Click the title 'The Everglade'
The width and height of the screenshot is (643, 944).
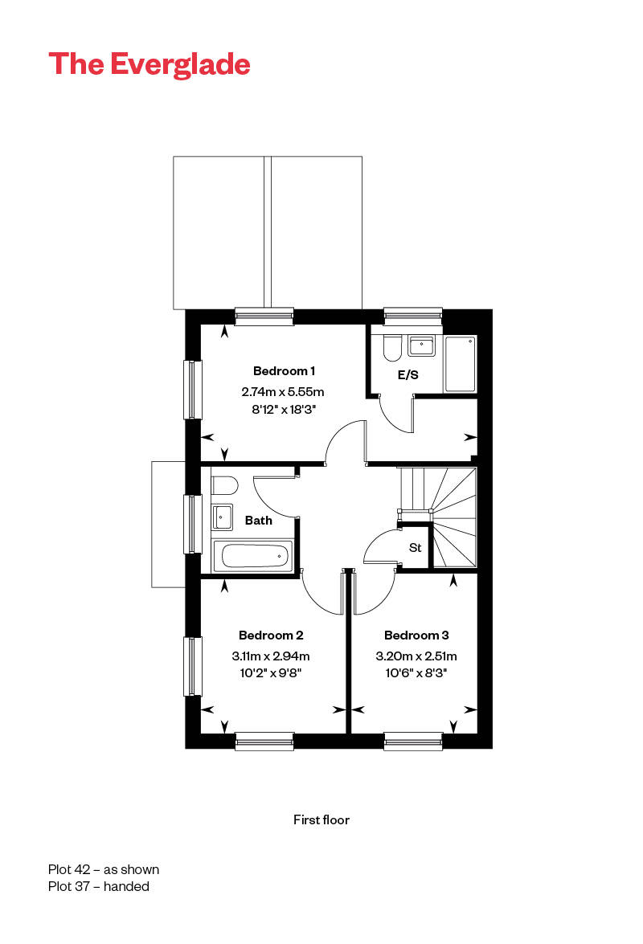tap(149, 64)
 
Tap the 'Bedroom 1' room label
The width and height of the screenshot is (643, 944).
tap(284, 371)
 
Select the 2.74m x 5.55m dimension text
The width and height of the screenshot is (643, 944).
tap(283, 392)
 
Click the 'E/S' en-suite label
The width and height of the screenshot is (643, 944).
tap(408, 374)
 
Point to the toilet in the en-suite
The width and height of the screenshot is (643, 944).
tap(392, 348)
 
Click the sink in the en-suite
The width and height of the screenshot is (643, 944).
tap(421, 346)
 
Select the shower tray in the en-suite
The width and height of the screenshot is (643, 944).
tap(461, 365)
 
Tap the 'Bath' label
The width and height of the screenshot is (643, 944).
tap(258, 520)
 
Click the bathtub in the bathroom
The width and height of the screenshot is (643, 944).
tap(253, 556)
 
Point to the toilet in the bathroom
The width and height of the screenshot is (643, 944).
tap(224, 485)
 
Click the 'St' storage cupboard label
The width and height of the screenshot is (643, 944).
tap(415, 548)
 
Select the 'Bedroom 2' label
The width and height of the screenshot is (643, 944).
tap(271, 635)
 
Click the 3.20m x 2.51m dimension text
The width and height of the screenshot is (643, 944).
tap(416, 656)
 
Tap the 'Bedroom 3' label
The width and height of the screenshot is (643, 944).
tap(416, 635)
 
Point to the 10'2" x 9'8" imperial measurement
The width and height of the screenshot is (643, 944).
tap(270, 673)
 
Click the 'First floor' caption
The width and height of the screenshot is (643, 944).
tap(321, 819)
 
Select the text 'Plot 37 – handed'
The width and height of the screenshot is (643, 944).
tap(99, 886)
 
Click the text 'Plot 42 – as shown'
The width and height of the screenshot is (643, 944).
tap(104, 869)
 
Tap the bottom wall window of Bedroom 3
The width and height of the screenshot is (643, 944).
tap(413, 741)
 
